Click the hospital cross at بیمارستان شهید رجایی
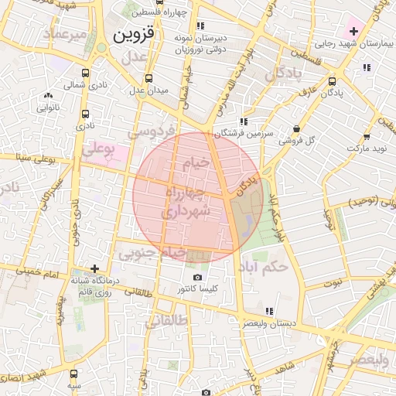coord(353,32)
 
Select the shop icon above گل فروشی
coord(296,129)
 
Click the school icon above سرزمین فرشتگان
coord(244,121)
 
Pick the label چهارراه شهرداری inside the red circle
coord(183,200)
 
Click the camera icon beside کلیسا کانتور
coord(197,278)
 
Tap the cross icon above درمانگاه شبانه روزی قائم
coord(94,269)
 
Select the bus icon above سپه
coord(73,372)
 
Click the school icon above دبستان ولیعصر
coord(269,311)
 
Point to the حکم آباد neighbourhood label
coord(263,267)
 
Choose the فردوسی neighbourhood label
coord(150,132)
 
